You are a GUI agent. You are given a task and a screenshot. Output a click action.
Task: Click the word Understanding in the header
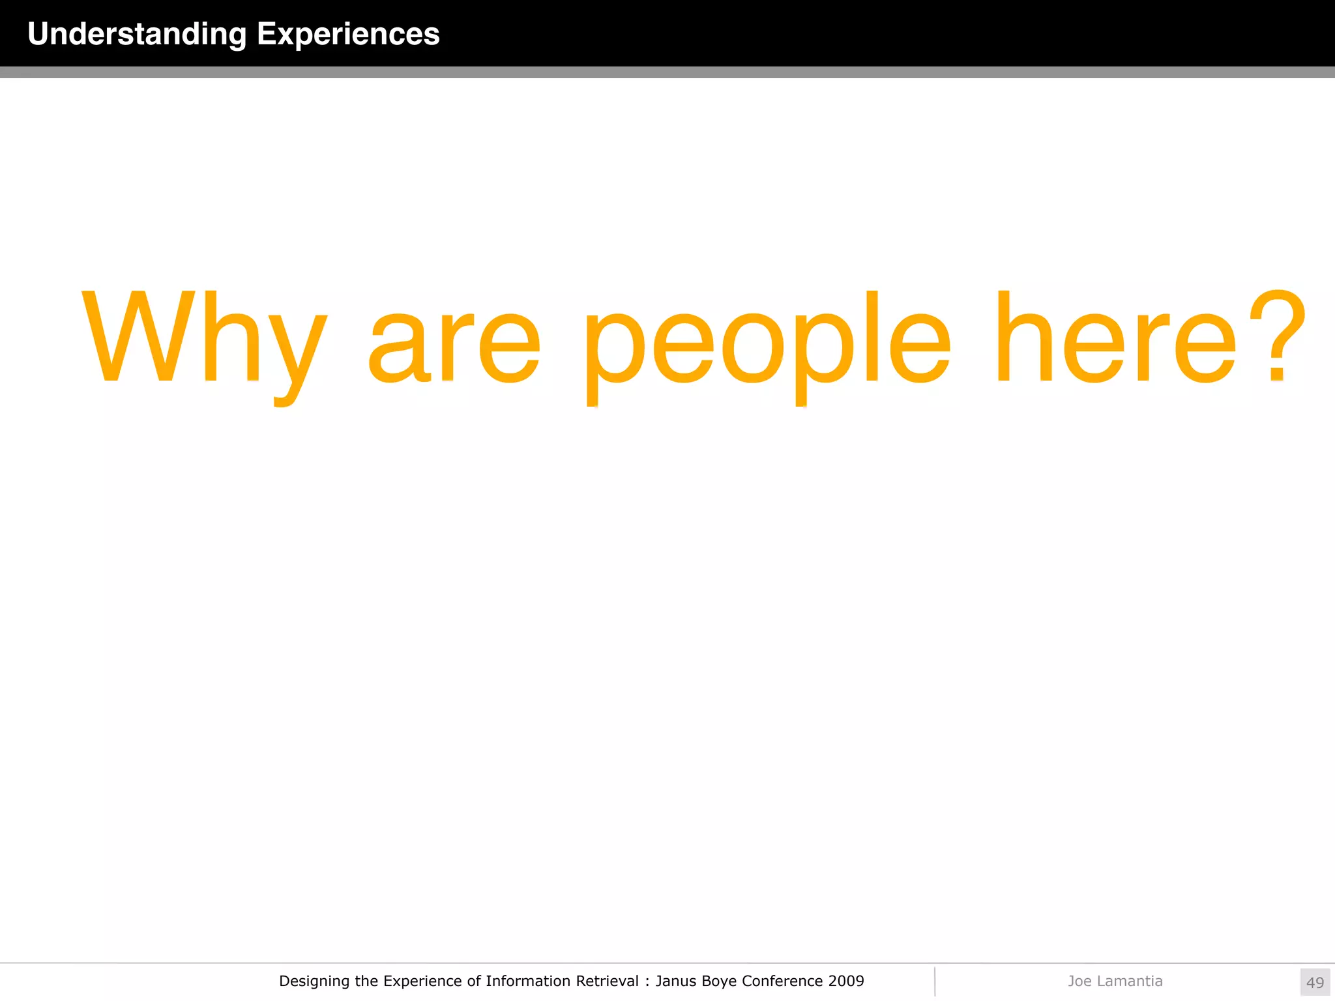tap(137, 35)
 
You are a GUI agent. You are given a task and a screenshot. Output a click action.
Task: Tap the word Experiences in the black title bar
tap(348, 35)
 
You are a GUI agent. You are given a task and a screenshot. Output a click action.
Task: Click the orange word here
tap(1115, 339)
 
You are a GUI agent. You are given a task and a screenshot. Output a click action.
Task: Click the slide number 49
tap(1315, 982)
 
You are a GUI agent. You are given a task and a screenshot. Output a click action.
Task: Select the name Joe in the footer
tap(1079, 981)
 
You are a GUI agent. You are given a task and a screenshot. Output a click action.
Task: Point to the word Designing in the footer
tap(314, 981)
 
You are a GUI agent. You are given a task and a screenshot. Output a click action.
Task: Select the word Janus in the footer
tap(676, 981)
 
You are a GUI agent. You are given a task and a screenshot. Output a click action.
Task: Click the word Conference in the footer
tap(782, 981)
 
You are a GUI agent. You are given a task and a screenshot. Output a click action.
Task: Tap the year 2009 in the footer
tap(846, 981)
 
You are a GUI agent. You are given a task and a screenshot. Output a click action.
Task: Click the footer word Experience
tap(423, 981)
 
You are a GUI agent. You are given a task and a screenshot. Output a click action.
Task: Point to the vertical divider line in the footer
tap(935, 981)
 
